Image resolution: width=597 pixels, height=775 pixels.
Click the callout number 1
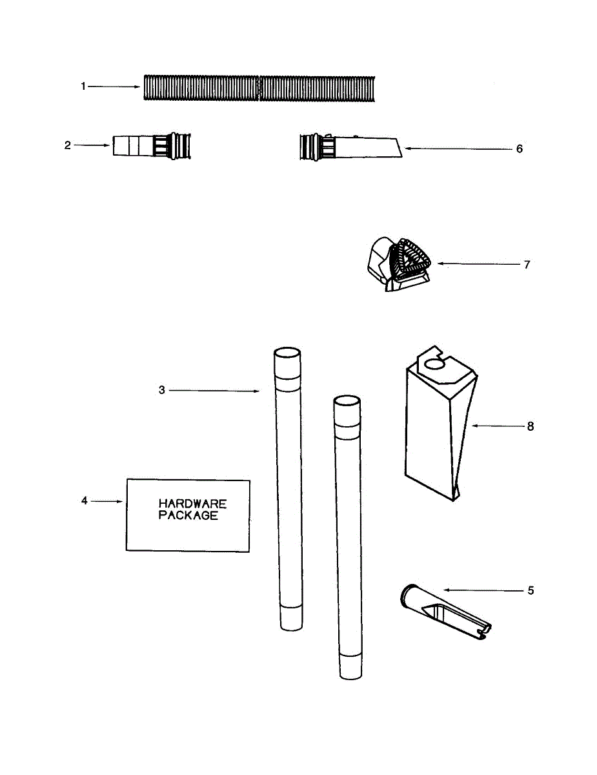[x=83, y=87]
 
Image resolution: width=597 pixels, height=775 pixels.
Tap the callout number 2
[x=67, y=145]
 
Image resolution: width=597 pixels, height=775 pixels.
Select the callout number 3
[x=162, y=390]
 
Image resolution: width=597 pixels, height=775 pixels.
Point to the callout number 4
[x=84, y=501]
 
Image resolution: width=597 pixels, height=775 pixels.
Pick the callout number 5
[x=531, y=590]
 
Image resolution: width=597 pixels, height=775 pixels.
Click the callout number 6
[x=520, y=149]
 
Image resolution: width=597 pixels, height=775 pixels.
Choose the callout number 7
[x=527, y=264]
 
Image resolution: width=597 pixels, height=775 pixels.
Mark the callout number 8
[x=531, y=426]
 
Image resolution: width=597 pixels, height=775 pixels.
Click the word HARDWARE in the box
[x=193, y=504]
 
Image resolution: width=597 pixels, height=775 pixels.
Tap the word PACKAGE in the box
[x=188, y=516]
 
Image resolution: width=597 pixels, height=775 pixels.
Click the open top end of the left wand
[x=287, y=355]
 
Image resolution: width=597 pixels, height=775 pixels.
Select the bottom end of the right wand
[x=351, y=672]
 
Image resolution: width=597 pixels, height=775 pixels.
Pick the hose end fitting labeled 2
[x=152, y=146]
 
